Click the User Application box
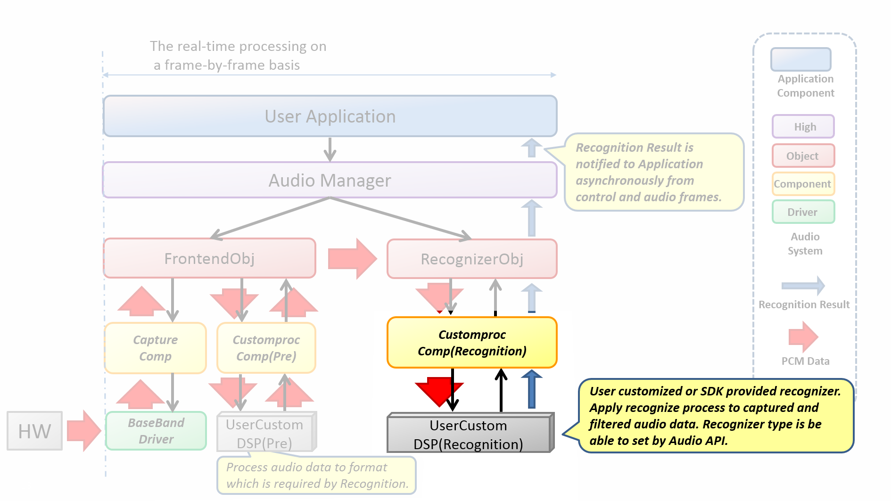pos(330,116)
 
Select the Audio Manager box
pos(330,181)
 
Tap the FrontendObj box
pos(210,258)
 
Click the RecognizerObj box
pos(472,259)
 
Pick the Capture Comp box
pos(156,348)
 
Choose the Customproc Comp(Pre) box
pos(266,348)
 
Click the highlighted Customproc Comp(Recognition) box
pos(472,343)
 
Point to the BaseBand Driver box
pos(156,431)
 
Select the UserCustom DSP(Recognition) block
pos(469,434)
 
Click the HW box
pos(34,431)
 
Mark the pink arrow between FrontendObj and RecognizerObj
pos(352,259)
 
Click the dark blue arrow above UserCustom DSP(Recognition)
pos(532,389)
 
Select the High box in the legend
pos(803,127)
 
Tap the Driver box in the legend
pos(803,212)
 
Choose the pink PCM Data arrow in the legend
pos(803,337)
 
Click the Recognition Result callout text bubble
pos(653,172)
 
